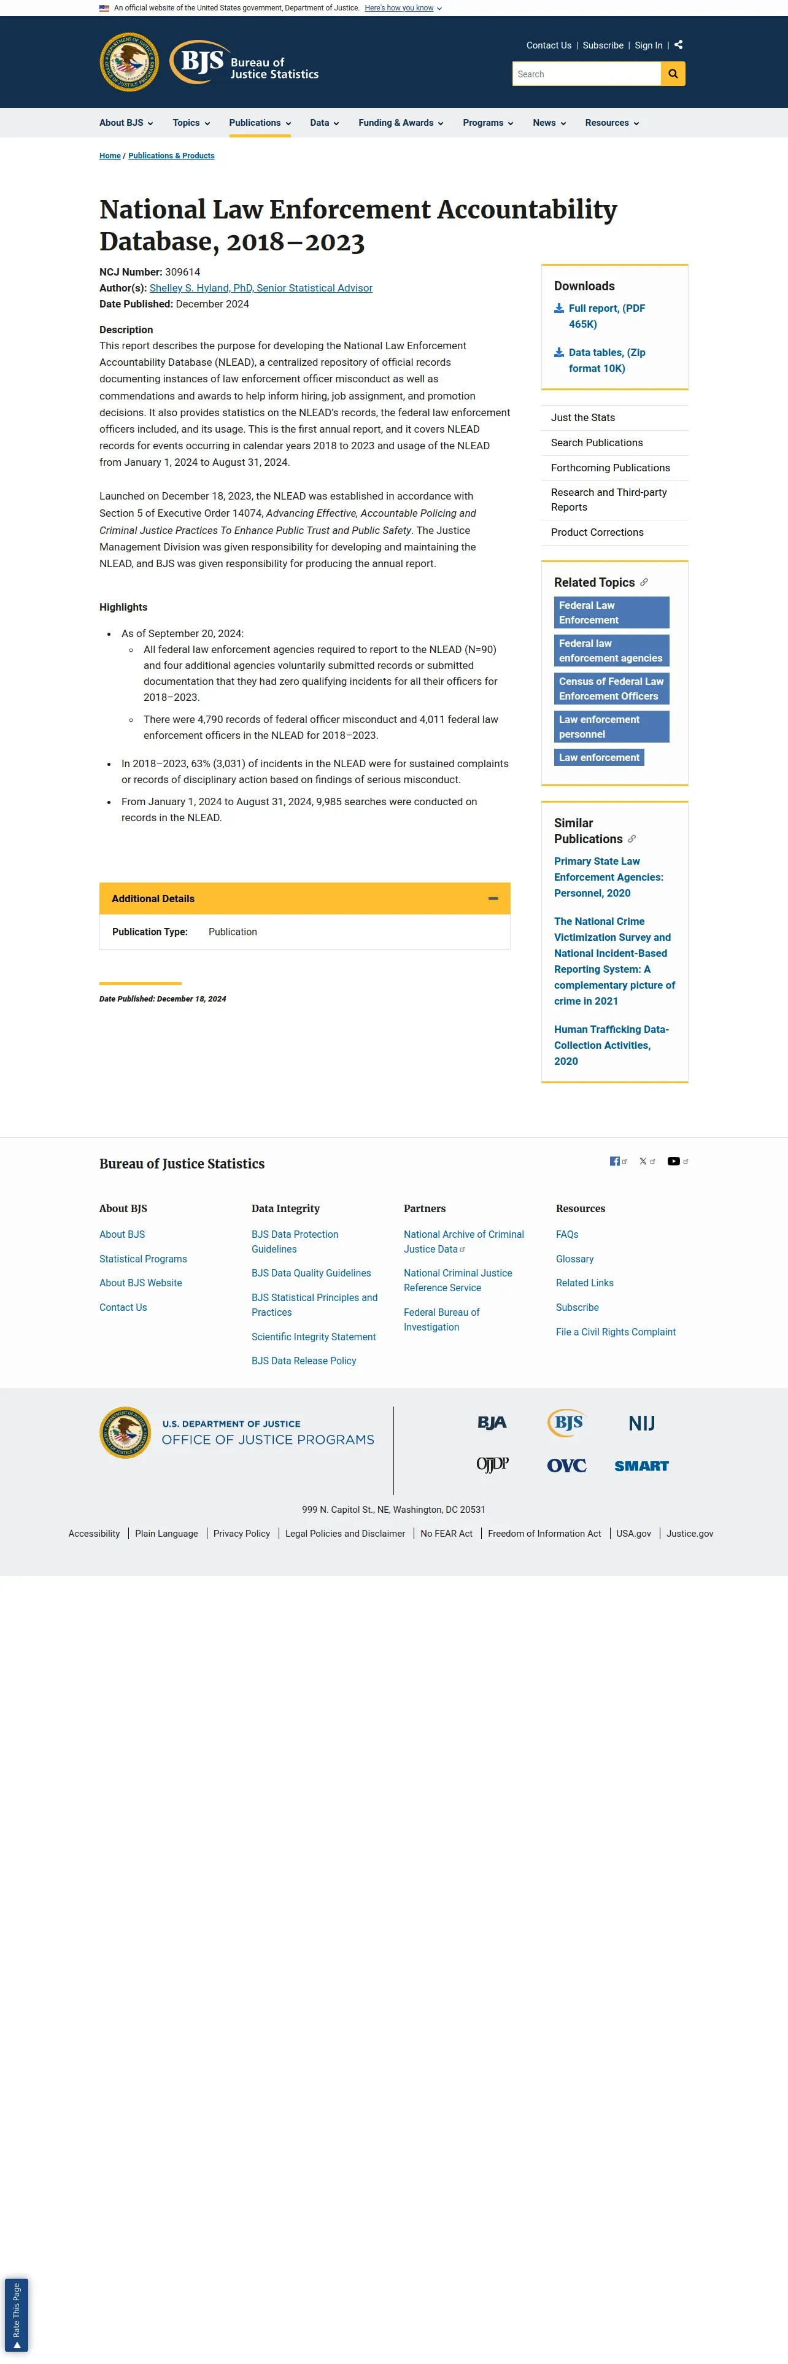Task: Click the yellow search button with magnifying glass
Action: pyautogui.click(x=673, y=74)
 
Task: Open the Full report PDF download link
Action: pyautogui.click(x=606, y=315)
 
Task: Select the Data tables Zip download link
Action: pyautogui.click(x=606, y=360)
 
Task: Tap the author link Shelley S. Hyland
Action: pyautogui.click(x=261, y=288)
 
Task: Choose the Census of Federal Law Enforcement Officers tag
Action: pyautogui.click(x=611, y=689)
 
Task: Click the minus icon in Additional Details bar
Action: pyautogui.click(x=493, y=898)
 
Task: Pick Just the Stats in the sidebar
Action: pyautogui.click(x=582, y=417)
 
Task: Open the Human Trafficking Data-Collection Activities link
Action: pyautogui.click(x=611, y=1045)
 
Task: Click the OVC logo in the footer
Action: pyautogui.click(x=566, y=1466)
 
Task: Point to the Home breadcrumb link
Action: pyautogui.click(x=110, y=156)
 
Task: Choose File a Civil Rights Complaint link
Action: pyautogui.click(x=616, y=1332)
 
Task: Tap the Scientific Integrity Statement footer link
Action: pyautogui.click(x=314, y=1337)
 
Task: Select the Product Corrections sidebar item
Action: pyautogui.click(x=597, y=532)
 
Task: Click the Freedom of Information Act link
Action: pyautogui.click(x=544, y=1534)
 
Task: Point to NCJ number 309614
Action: pyautogui.click(x=182, y=272)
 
